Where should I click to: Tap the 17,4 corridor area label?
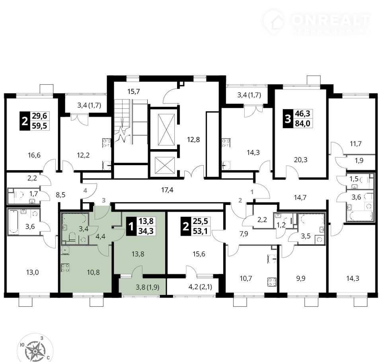tap(168, 190)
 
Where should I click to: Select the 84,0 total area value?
tap(302, 123)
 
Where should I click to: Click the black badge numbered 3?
tap(288, 119)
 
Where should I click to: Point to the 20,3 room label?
tap(301, 160)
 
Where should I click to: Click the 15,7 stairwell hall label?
tap(134, 92)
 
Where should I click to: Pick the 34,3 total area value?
tap(146, 231)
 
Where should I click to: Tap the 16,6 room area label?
tap(34, 155)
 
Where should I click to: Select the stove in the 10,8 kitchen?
tap(65, 268)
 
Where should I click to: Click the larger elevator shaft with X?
tap(166, 130)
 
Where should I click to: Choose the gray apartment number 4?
tap(85, 190)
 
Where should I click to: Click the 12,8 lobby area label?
tap(193, 140)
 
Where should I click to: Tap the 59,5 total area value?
tap(40, 126)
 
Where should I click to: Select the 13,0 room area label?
tap(32, 272)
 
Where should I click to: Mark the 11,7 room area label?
tap(355, 144)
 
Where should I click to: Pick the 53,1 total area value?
tap(200, 231)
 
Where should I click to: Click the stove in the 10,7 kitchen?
tap(272, 282)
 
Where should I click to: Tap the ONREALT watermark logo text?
tap(331, 20)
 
